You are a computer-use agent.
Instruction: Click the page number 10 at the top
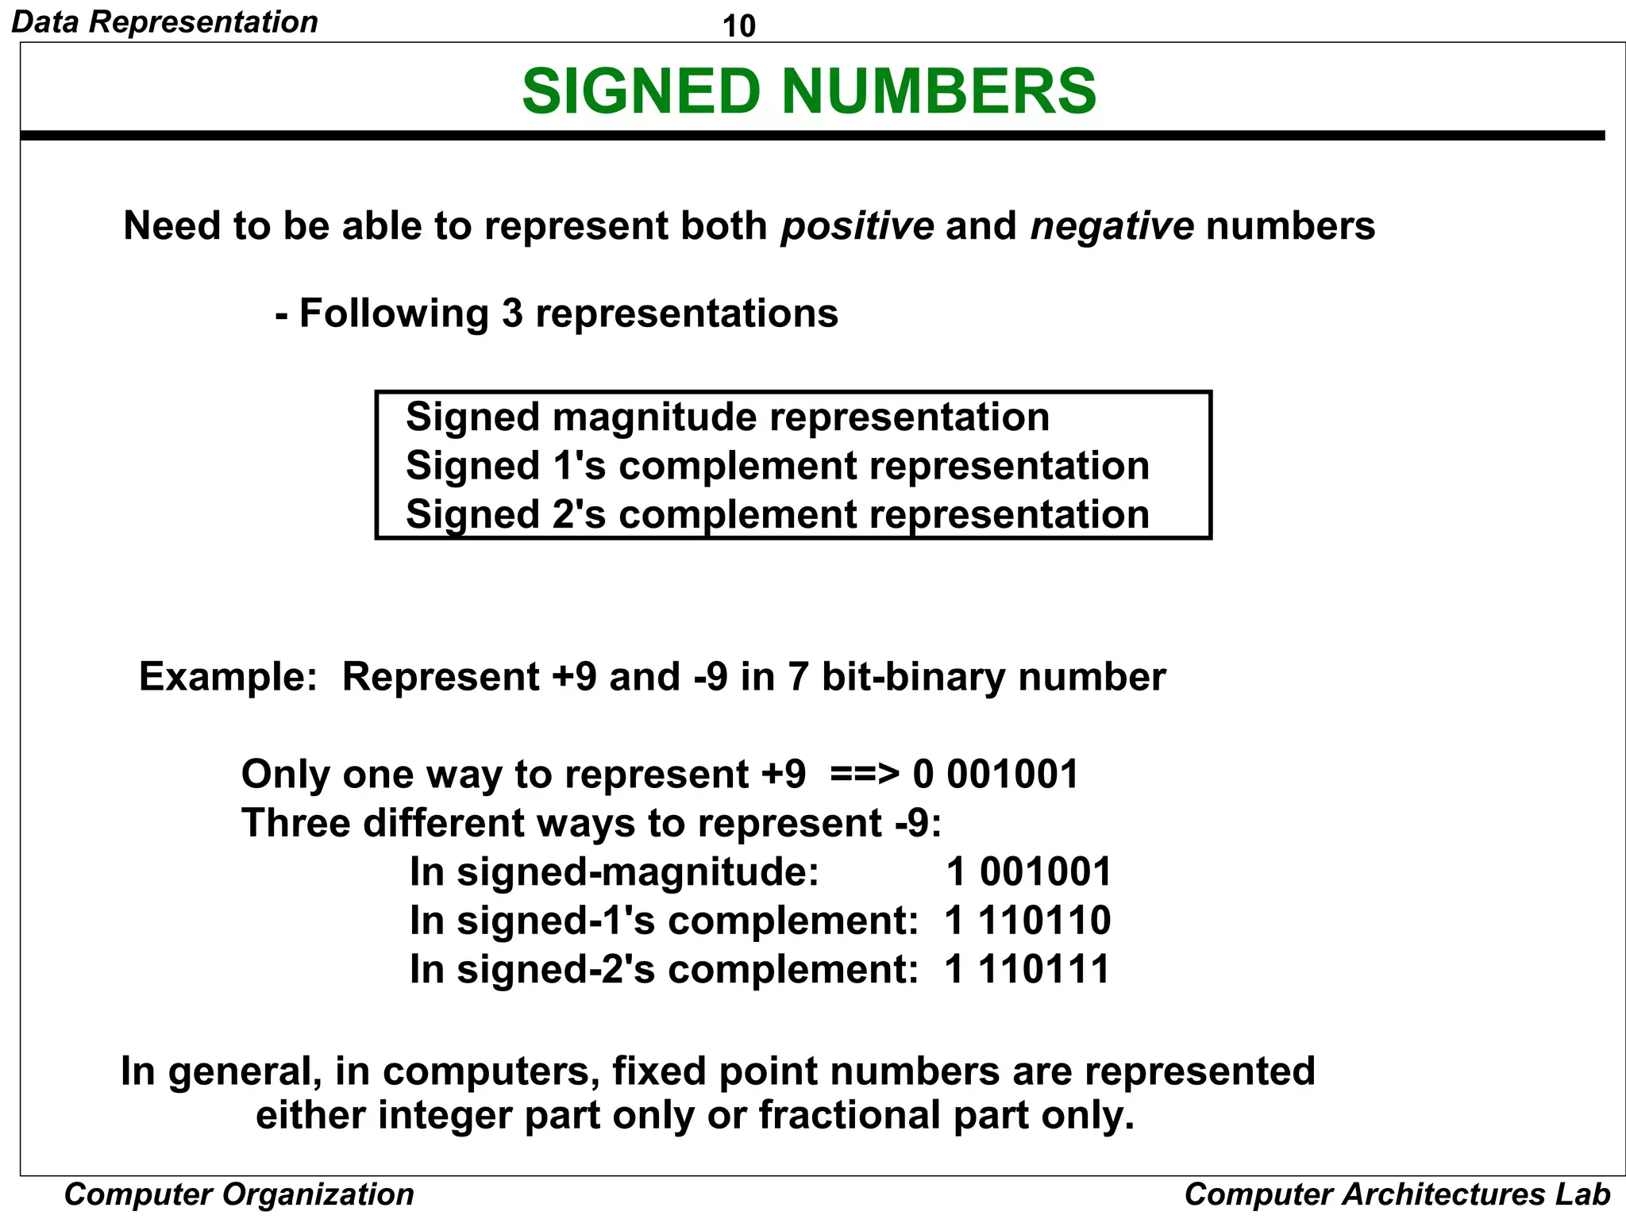[x=738, y=26]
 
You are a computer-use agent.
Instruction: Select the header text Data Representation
[x=164, y=21]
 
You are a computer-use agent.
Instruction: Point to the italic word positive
[x=857, y=226]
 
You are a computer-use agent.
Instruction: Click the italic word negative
[x=1112, y=226]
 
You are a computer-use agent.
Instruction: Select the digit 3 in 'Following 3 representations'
[x=512, y=313]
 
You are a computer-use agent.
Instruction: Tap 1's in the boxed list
[x=579, y=466]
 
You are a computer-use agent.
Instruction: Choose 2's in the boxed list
[x=579, y=514]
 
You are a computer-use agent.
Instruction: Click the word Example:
[x=228, y=677]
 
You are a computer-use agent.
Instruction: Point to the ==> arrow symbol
[x=865, y=775]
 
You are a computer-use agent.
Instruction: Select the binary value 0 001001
[x=996, y=775]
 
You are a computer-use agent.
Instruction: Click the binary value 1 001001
[x=1028, y=871]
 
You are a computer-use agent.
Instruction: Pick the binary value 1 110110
[x=1027, y=921]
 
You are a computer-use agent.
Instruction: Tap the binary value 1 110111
[x=1027, y=969]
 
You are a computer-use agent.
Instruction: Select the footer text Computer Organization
[x=239, y=1194]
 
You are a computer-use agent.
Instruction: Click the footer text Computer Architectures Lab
[x=1397, y=1194]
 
